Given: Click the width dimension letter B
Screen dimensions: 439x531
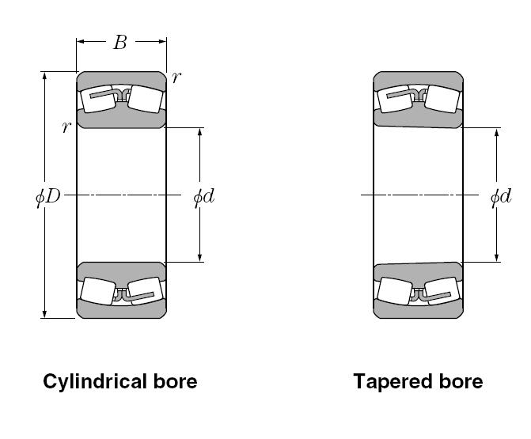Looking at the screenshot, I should coord(119,43).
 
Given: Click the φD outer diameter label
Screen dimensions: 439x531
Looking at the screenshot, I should coord(47,195).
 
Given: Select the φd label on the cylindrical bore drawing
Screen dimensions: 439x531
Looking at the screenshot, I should coord(204,195).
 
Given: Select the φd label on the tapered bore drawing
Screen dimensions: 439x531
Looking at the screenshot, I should coord(500,195).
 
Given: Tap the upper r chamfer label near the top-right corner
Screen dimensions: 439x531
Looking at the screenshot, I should coord(176,77).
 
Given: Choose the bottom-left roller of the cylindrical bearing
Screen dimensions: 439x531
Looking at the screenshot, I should coord(98,291).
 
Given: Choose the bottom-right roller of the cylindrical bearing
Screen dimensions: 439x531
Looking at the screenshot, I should coord(144,292).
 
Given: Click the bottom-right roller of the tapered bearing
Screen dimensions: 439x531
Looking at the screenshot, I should coord(442,292).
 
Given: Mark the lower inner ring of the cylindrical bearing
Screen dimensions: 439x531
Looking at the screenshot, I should coord(121,269).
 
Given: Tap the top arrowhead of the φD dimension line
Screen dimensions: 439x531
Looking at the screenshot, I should coord(45,77).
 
